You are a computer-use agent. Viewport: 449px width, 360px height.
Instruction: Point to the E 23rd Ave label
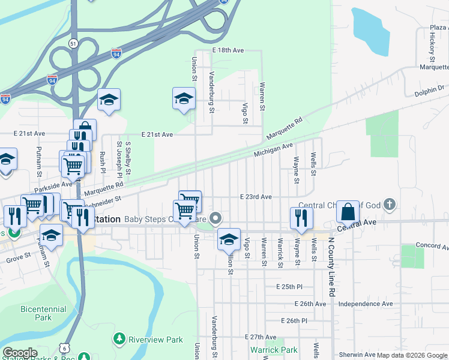tap(256, 196)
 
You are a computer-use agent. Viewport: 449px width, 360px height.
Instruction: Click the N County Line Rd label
tap(331, 265)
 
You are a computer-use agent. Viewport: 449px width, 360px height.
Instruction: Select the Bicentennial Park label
tap(43, 313)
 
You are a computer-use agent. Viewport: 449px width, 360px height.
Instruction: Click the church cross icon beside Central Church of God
tap(390, 205)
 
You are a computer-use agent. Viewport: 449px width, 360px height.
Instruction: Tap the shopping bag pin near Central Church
tap(348, 213)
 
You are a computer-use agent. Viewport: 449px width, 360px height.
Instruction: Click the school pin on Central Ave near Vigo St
tap(229, 240)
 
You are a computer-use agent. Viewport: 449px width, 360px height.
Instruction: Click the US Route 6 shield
tap(64, 347)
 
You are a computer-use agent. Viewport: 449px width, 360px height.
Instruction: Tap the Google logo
tap(20, 352)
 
